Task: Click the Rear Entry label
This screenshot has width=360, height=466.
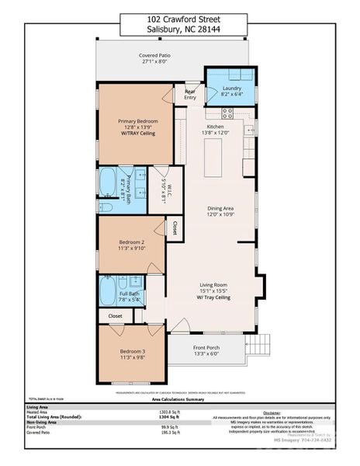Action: [x=190, y=94]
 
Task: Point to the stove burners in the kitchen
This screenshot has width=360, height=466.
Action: [x=229, y=111]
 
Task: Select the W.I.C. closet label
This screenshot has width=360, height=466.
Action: [x=164, y=190]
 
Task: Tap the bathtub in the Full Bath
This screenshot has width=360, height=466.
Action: [x=107, y=289]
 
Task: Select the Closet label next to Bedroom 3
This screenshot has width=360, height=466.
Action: [x=115, y=316]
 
